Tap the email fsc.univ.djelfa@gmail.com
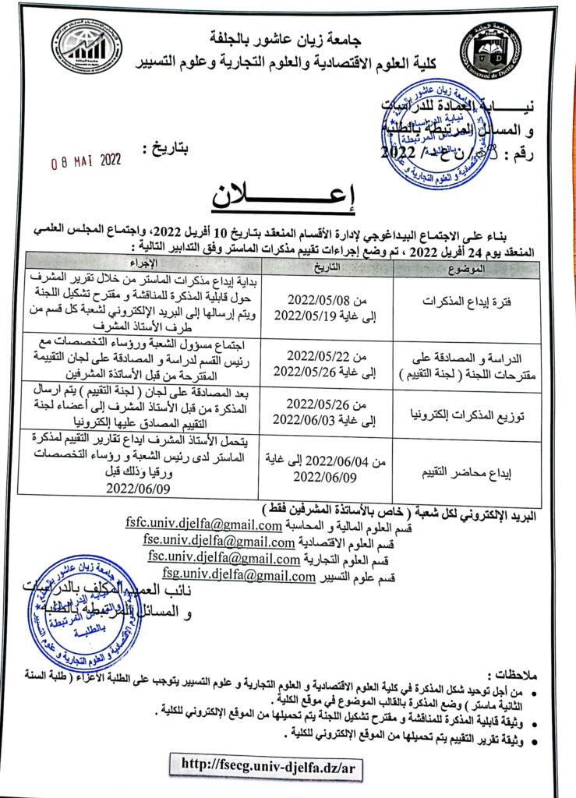224,559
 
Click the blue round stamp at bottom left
78,613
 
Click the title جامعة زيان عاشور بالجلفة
290,37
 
